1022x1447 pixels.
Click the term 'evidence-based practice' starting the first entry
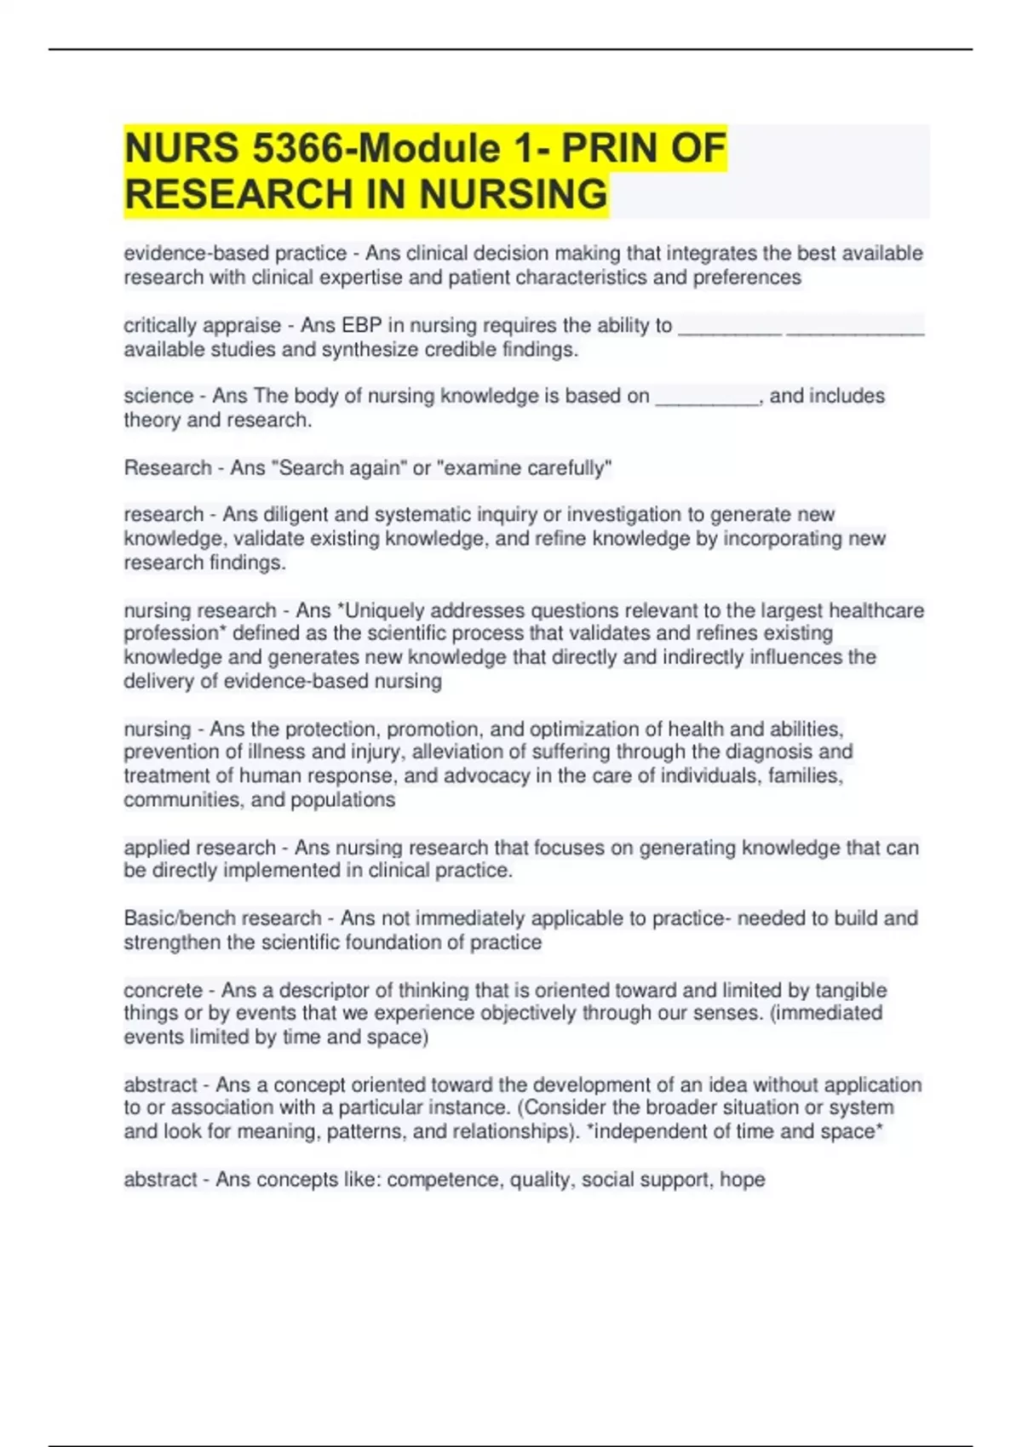[235, 254]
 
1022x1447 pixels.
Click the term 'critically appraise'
[202, 325]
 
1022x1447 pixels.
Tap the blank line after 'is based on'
[707, 397]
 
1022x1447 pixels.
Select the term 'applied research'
[199, 848]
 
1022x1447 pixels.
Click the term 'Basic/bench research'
[222, 918]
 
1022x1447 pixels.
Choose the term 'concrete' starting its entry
[163, 991]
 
